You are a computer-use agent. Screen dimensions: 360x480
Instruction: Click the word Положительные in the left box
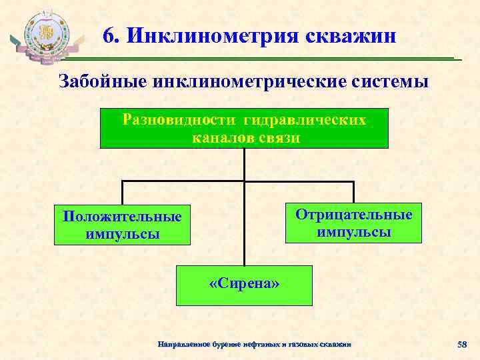[121, 217]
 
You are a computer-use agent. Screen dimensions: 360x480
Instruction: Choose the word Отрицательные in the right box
[354, 215]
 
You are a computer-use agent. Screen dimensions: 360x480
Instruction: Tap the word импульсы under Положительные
[123, 235]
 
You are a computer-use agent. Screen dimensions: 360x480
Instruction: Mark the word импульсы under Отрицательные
[354, 232]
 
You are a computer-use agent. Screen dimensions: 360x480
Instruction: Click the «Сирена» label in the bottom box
[244, 284]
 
